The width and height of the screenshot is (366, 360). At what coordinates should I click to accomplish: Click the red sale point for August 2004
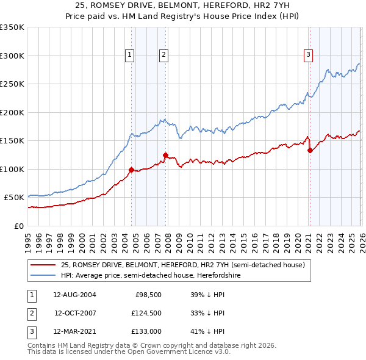[131, 170]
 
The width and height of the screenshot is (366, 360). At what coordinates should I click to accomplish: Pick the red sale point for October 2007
[165, 155]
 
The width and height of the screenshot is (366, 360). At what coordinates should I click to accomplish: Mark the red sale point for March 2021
[310, 150]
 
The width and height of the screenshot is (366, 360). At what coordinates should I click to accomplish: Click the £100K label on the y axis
[12, 169]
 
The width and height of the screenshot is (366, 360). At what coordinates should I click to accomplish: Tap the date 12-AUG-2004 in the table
[74, 295]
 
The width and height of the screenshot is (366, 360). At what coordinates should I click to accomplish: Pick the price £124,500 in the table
[145, 314]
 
